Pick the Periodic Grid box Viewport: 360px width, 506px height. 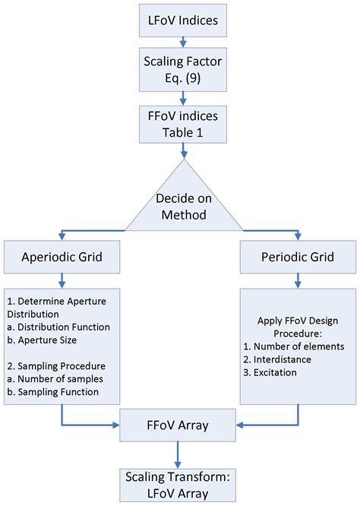pyautogui.click(x=298, y=259)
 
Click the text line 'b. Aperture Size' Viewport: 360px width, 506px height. pyautogui.click(x=45, y=339)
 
